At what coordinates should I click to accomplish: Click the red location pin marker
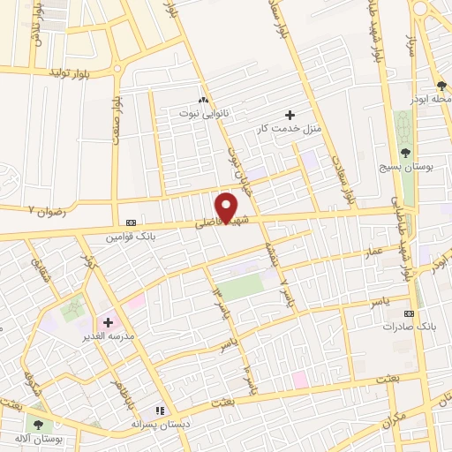pos(227,207)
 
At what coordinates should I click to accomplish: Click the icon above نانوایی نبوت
pos(203,101)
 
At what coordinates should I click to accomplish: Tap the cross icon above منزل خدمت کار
pos(290,115)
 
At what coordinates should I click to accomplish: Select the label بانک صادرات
pos(404,327)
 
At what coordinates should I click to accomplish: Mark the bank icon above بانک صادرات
pos(409,313)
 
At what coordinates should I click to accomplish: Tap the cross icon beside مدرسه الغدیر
pos(109,323)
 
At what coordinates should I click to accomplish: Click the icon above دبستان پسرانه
pos(160,411)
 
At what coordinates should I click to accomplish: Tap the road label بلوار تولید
pos(70,71)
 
